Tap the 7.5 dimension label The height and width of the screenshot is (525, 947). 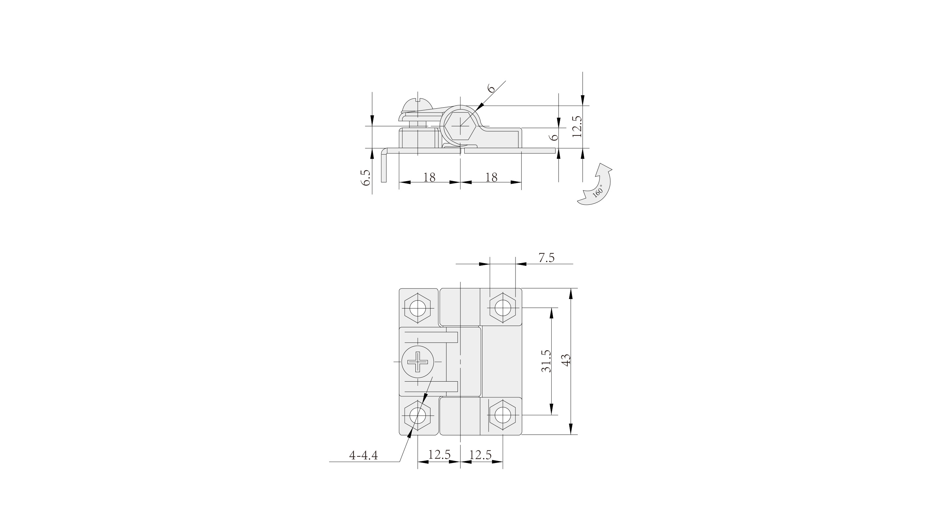click(x=546, y=258)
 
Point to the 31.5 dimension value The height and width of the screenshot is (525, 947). click(x=546, y=361)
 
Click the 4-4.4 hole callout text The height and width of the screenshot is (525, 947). click(x=363, y=455)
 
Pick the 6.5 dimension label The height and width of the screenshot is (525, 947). click(x=366, y=178)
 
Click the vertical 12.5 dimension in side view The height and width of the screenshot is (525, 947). click(x=577, y=126)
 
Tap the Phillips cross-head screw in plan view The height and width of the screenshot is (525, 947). click(x=418, y=362)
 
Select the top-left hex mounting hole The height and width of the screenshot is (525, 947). click(x=418, y=308)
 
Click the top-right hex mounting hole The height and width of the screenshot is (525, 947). click(x=503, y=308)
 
